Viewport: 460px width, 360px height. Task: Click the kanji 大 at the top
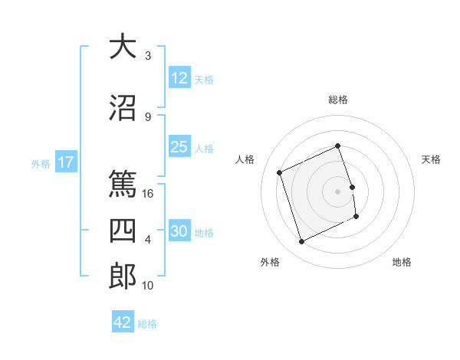coord(122,47)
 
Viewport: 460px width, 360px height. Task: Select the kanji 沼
coord(122,108)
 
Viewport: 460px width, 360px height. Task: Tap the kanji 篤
coord(122,185)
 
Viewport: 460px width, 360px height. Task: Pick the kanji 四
coord(122,231)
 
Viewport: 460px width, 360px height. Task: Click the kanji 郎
coord(122,277)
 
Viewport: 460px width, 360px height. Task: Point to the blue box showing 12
coord(179,78)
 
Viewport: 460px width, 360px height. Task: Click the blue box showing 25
coord(179,147)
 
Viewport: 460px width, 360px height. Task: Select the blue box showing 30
coord(179,231)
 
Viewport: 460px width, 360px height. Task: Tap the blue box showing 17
coord(65,162)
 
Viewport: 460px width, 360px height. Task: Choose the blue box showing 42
coord(123,322)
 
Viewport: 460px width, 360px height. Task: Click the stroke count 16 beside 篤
coord(149,194)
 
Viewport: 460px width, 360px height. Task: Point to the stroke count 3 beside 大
coord(148,56)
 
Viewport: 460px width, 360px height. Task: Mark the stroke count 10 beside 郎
coord(149,286)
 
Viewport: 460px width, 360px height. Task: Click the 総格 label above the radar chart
coord(338,100)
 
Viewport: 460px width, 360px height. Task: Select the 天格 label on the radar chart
coord(432,159)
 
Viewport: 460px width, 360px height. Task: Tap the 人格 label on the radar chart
coord(245,159)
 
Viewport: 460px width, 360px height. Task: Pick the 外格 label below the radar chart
coord(270,262)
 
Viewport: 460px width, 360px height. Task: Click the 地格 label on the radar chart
coord(402,262)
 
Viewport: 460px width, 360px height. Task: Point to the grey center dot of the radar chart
coord(338,191)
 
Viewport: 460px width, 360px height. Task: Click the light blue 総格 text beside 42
coord(147,324)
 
